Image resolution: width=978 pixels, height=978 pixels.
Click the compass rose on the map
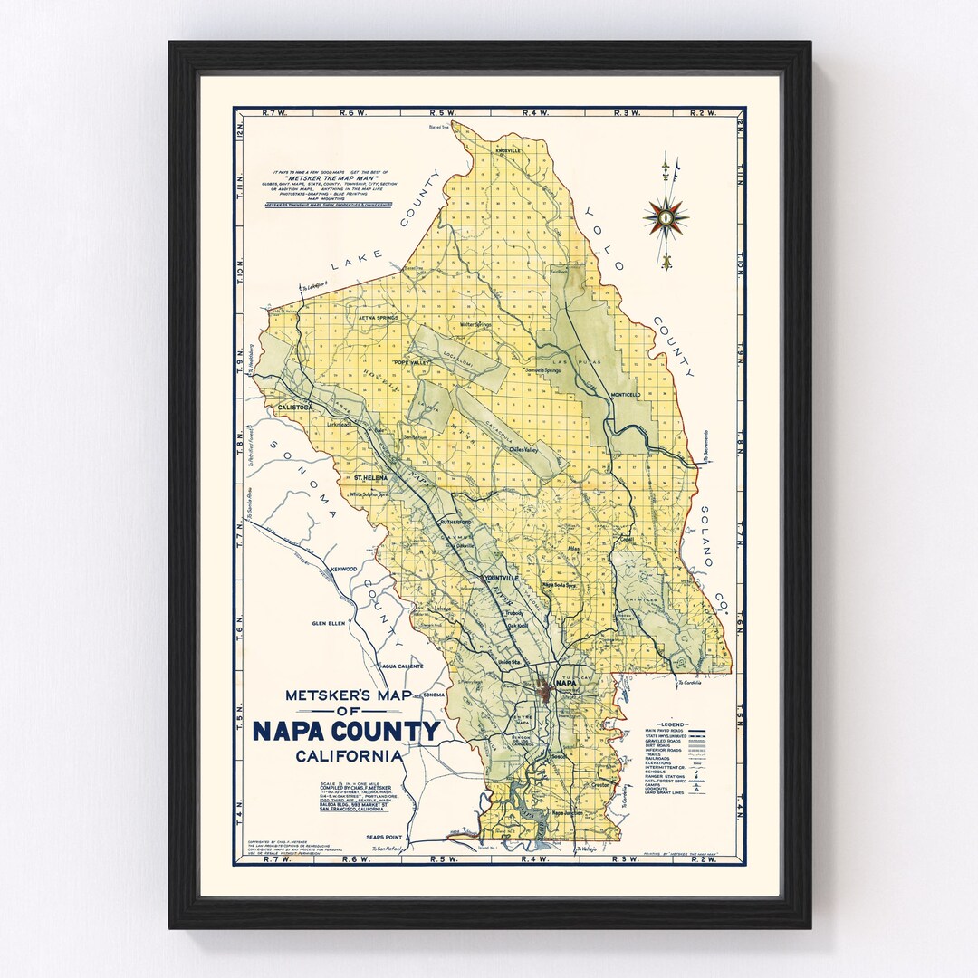pyautogui.click(x=666, y=217)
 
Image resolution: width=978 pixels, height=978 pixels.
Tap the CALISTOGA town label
pyautogui.click(x=288, y=407)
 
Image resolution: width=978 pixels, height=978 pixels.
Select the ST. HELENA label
pyautogui.click(x=370, y=477)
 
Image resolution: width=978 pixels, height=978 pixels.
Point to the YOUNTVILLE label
pyautogui.click(x=503, y=578)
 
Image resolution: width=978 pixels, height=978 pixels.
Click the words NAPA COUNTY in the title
pyautogui.click(x=346, y=731)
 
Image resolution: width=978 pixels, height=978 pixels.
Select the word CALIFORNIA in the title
pyautogui.click(x=349, y=756)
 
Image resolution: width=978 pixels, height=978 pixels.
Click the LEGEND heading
pyautogui.click(x=674, y=724)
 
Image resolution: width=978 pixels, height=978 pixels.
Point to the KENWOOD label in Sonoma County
pyautogui.click(x=344, y=569)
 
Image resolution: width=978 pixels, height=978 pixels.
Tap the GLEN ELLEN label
pyautogui.click(x=330, y=623)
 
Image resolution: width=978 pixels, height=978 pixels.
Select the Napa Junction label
pyautogui.click(x=570, y=814)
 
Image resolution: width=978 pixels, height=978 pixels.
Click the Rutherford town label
pyautogui.click(x=457, y=523)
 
